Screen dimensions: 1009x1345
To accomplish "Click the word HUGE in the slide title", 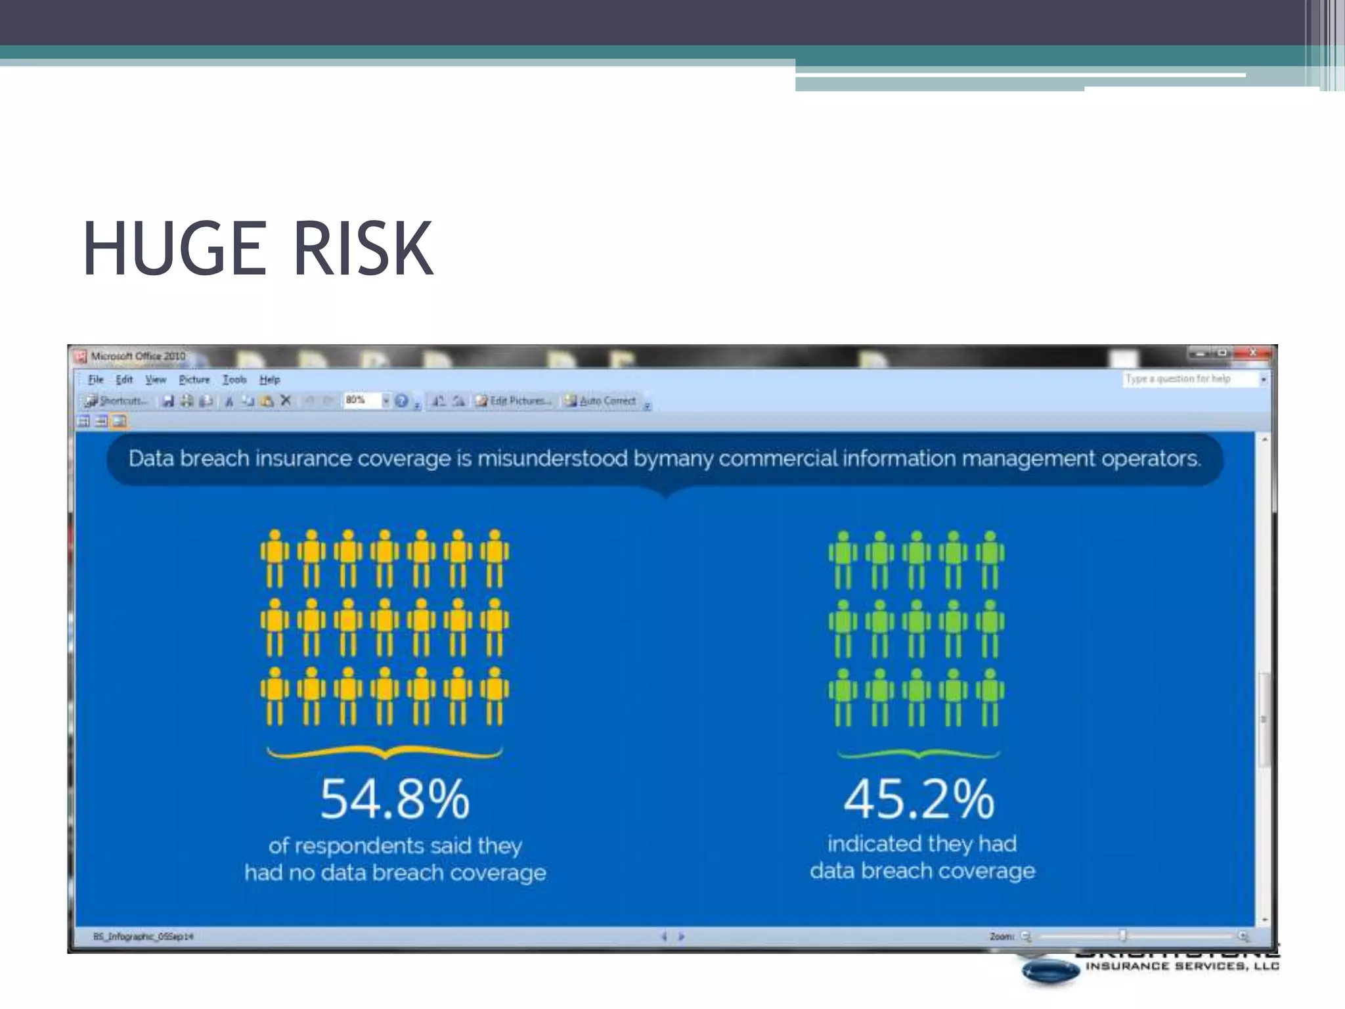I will pyautogui.click(x=174, y=248).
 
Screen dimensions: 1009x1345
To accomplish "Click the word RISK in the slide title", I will pyautogui.click(x=363, y=248).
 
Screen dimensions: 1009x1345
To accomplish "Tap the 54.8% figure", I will pyautogui.click(x=395, y=799).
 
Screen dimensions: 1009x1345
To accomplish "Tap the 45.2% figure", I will pyautogui.click(x=919, y=799).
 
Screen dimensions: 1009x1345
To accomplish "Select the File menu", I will pyautogui.click(x=96, y=380).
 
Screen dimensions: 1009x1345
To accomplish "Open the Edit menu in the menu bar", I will pyautogui.click(x=124, y=380).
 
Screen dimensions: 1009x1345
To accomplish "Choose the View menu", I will pyautogui.click(x=156, y=380).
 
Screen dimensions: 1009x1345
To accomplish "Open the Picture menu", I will pyautogui.click(x=194, y=380).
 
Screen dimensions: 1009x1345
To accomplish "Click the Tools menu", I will pyautogui.click(x=234, y=380).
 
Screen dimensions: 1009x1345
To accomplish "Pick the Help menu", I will pyautogui.click(x=269, y=380).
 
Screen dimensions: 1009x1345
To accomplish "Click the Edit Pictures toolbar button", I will pyautogui.click(x=514, y=401).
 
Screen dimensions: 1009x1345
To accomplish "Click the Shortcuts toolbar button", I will pyautogui.click(x=116, y=401).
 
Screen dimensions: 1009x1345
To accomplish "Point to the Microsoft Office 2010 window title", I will pyautogui.click(x=138, y=356).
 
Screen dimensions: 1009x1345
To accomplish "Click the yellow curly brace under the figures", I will pyautogui.click(x=385, y=753).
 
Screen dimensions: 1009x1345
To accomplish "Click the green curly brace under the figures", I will pyautogui.click(x=919, y=755).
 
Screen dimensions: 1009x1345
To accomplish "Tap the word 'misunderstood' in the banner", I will pyautogui.click(x=552, y=458).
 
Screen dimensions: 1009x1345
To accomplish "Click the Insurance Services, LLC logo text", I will pyautogui.click(x=1182, y=966).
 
